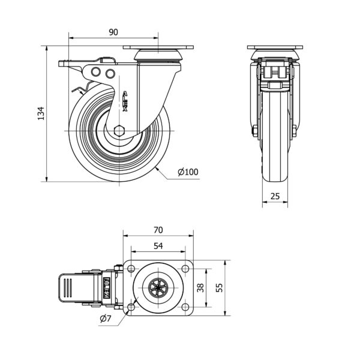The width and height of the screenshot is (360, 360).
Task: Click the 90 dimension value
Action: [x=113, y=32]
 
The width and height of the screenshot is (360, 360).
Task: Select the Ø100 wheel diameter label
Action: [x=188, y=172]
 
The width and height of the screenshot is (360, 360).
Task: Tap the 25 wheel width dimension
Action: [x=275, y=196]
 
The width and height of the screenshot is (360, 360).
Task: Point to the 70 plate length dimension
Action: [x=158, y=230]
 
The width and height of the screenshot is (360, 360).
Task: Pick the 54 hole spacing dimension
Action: [x=158, y=245]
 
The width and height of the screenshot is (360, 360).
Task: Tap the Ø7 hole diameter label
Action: [x=104, y=319]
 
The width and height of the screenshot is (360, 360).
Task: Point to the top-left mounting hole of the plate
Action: [x=131, y=268]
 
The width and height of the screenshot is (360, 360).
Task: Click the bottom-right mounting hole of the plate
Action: [x=185, y=307]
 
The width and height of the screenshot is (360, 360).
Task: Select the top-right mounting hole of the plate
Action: [x=185, y=268]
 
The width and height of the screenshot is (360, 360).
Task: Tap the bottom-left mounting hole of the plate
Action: [x=131, y=307]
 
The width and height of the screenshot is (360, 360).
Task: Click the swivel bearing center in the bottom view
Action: [x=158, y=288]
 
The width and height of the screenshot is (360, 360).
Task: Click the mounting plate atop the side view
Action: [x=159, y=47]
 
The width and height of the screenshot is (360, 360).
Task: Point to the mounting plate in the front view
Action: [x=275, y=47]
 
